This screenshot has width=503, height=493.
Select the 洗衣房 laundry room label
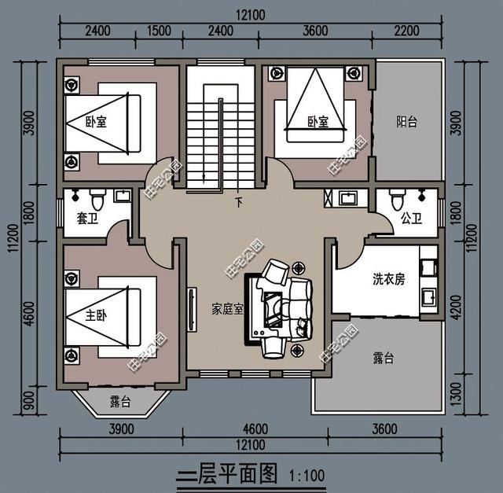coord(388,279)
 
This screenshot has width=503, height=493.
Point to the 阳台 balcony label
coord(406,122)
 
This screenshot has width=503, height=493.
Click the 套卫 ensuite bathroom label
coord(86,219)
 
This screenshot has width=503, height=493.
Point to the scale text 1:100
coord(307,475)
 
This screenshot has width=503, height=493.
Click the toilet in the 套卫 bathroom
coord(97,197)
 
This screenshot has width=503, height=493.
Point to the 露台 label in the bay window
coord(120,402)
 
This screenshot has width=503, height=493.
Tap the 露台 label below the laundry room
coord(383,359)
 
